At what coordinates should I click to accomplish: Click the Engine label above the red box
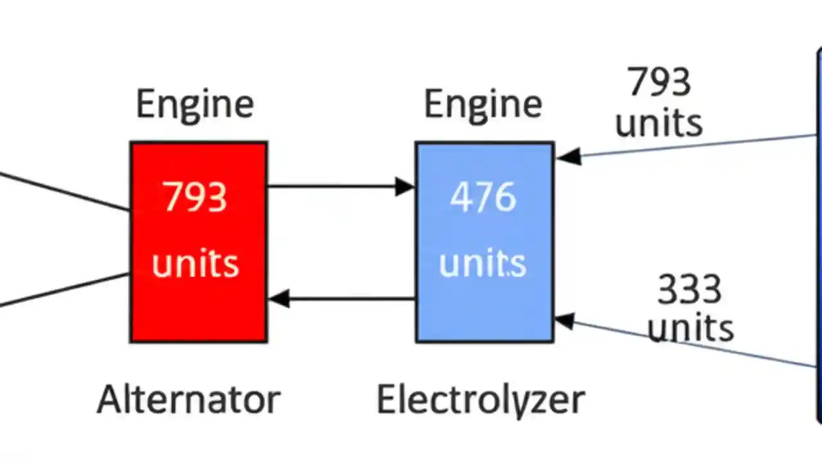click(195, 104)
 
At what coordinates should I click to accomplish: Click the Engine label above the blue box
click(483, 104)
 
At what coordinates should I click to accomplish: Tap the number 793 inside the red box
click(195, 197)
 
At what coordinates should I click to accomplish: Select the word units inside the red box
click(195, 264)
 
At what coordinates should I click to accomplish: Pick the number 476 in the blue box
click(483, 197)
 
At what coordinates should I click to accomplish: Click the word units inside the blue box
click(483, 264)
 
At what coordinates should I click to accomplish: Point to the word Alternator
click(189, 399)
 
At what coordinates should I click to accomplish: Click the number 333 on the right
click(689, 290)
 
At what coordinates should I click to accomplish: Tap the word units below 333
click(690, 328)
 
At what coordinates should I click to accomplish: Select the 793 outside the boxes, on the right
click(659, 82)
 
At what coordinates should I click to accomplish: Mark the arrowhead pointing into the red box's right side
click(278, 298)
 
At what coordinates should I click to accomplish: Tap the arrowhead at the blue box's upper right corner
click(568, 156)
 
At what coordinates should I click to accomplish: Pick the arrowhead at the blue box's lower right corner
click(564, 320)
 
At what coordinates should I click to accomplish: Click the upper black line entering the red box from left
click(64, 191)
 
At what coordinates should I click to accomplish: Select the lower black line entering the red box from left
click(64, 289)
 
